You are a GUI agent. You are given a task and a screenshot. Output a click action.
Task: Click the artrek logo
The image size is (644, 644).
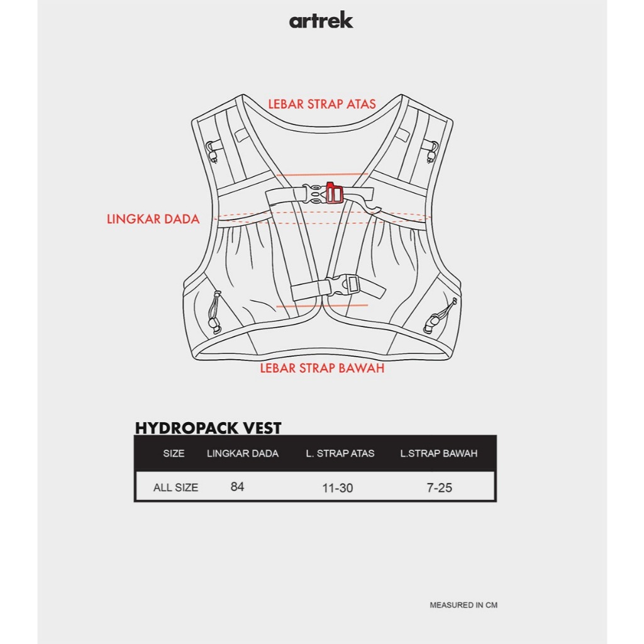point(321,21)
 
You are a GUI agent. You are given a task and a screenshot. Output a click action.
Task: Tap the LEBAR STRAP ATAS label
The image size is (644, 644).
point(322,104)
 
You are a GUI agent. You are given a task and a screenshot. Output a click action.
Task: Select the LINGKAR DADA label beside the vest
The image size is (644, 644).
point(153,219)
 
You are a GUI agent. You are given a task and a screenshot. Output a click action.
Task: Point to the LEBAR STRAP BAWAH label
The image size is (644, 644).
point(322,369)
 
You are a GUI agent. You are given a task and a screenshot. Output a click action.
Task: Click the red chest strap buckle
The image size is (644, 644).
point(333,194)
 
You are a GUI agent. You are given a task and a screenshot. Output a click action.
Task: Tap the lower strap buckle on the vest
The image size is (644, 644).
point(343,286)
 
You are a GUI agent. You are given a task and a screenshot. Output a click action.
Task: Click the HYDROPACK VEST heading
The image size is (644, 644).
point(208,428)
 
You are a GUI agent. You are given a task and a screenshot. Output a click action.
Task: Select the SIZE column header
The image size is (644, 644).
point(174,453)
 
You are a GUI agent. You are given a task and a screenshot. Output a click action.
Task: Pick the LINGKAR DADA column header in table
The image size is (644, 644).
point(242,453)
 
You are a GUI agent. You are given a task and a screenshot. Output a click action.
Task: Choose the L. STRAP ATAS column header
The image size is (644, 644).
point(340,453)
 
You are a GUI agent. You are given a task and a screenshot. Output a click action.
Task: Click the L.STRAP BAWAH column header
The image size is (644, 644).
point(438,453)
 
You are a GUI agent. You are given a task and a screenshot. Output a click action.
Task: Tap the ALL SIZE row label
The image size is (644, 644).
point(175,487)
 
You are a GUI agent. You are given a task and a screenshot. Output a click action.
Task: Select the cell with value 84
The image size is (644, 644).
point(237,487)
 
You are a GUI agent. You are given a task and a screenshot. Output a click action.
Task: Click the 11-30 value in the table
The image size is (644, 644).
point(338,488)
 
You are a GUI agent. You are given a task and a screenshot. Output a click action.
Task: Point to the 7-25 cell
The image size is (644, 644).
point(439,488)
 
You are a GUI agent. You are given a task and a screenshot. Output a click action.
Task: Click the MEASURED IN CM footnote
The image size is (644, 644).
point(464,605)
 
